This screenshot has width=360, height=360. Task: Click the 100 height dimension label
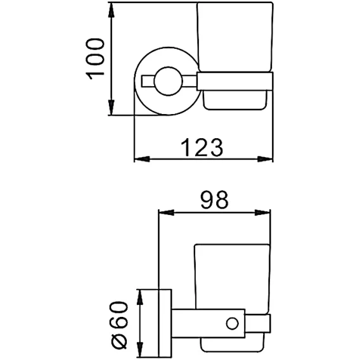95,59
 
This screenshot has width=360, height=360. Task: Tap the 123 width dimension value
202,148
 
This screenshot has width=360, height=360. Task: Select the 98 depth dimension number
214,200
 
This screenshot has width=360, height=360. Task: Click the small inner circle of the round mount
169,81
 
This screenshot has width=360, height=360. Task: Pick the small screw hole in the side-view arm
232,323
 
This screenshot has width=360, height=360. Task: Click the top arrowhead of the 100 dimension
112,10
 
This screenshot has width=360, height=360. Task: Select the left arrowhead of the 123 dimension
142,159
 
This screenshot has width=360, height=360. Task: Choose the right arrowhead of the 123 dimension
265,159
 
